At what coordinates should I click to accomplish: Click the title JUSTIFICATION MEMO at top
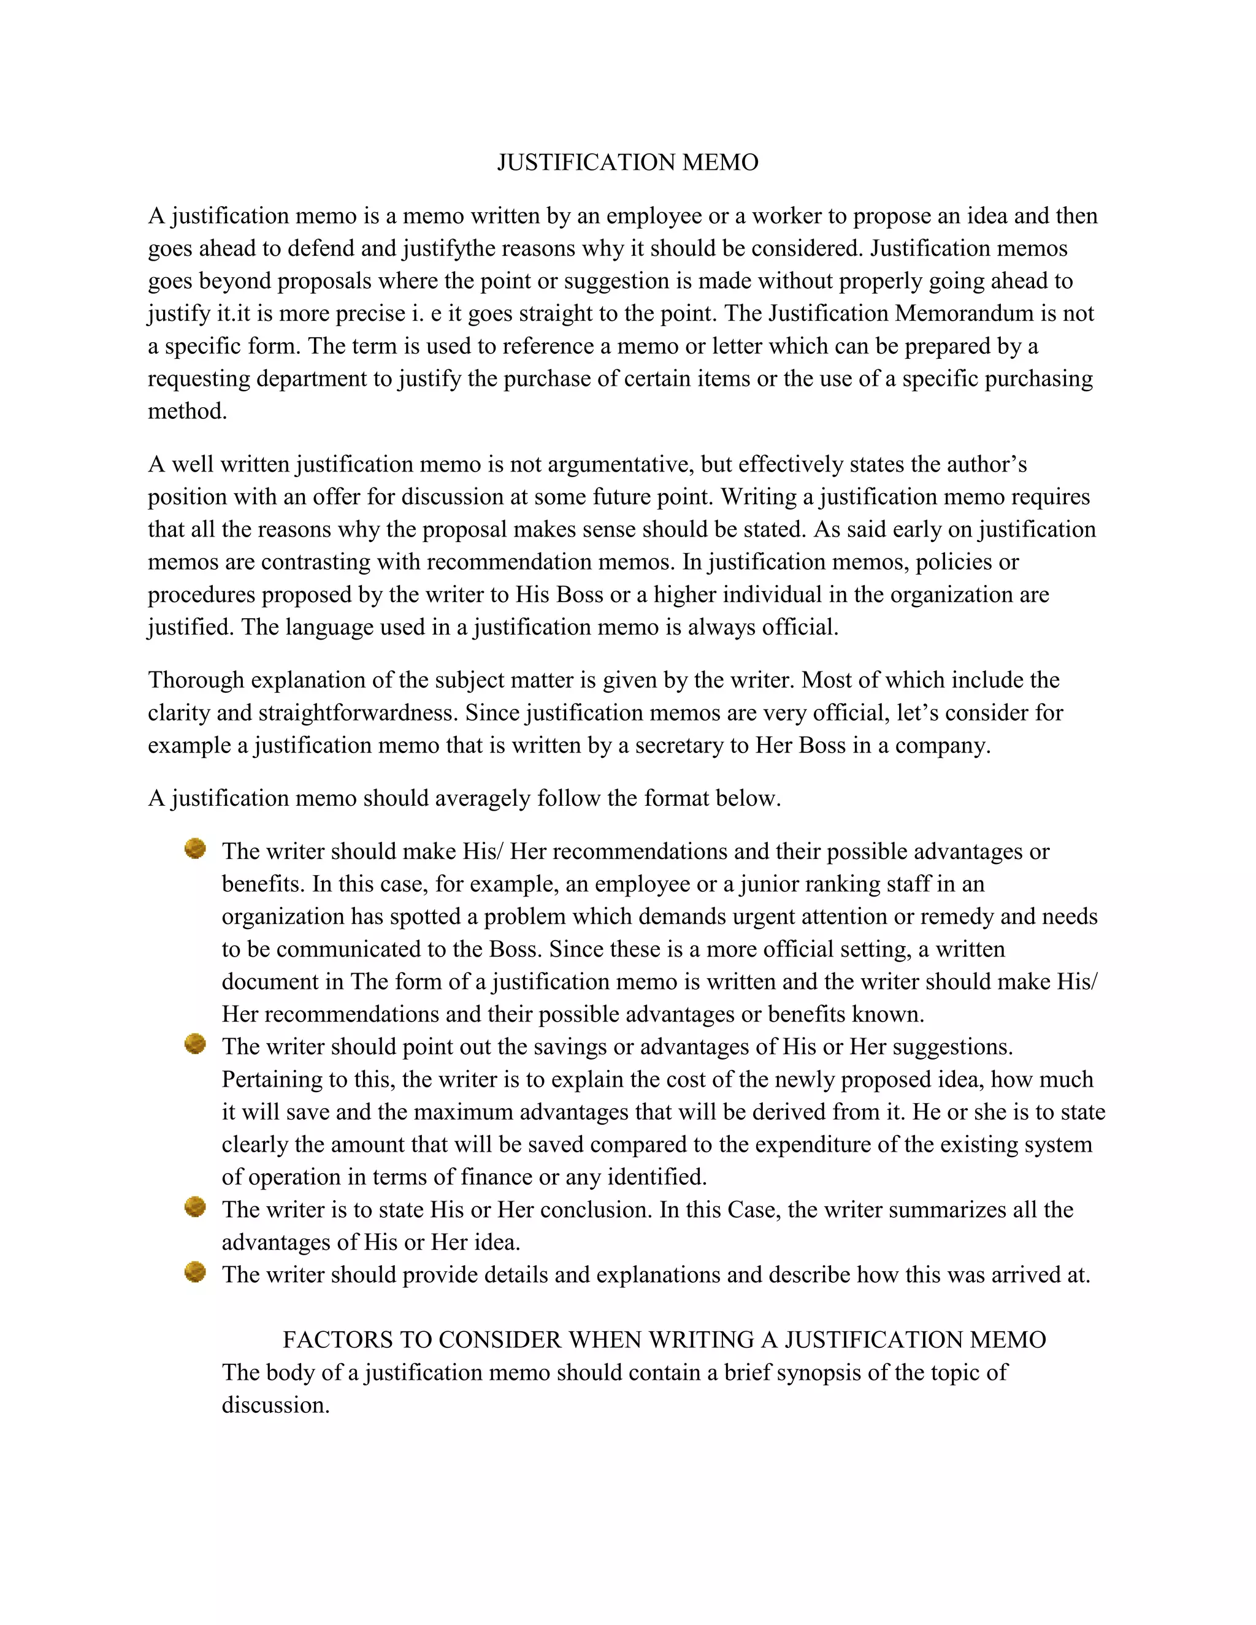(627, 162)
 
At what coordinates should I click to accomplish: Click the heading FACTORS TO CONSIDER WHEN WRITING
(664, 1339)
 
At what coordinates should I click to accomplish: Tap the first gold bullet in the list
(195, 849)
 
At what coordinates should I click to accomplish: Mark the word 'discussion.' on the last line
(275, 1405)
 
